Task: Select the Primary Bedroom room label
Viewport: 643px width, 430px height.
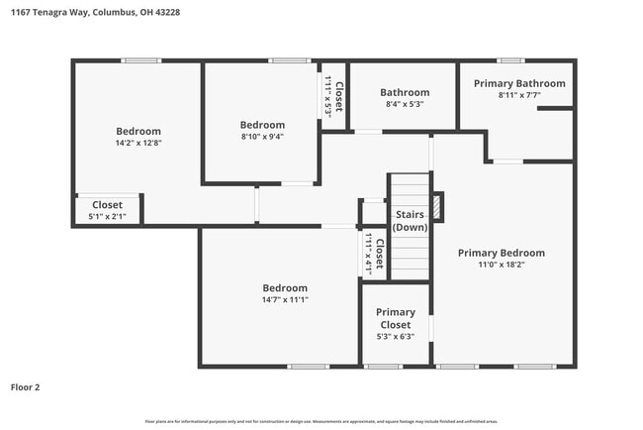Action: coord(501,253)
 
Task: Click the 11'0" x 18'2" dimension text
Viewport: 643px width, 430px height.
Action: coord(501,266)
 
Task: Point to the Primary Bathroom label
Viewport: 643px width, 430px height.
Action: coord(519,83)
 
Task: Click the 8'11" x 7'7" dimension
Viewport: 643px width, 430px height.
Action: coord(519,96)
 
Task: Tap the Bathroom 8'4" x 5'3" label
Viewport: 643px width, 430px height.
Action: coord(405,98)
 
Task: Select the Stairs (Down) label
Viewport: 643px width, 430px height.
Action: coord(410,221)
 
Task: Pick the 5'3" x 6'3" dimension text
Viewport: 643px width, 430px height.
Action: coord(396,336)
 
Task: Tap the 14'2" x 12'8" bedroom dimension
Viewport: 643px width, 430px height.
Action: coord(138,143)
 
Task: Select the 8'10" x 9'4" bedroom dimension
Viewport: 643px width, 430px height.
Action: coord(262,137)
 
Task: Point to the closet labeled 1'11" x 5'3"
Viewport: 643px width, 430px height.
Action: coord(332,96)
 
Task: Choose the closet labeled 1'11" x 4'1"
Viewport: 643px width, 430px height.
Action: coord(372,253)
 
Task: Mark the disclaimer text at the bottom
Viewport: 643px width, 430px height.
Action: coord(321,421)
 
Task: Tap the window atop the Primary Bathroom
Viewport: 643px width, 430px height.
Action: coord(510,61)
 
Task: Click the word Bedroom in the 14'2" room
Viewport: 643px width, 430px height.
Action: coord(138,131)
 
